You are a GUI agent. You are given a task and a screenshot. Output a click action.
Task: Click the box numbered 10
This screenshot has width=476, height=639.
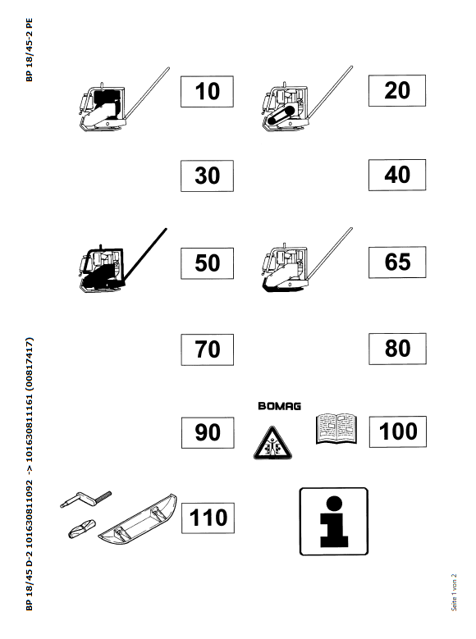point(207,91)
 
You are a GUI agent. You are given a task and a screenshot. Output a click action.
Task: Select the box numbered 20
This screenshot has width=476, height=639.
point(397,90)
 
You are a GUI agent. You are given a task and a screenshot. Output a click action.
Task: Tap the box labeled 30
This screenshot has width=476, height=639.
point(207,176)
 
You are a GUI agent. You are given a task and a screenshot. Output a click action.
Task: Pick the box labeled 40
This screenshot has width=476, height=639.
point(397,175)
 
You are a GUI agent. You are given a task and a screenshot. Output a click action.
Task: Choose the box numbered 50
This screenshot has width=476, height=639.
point(207,263)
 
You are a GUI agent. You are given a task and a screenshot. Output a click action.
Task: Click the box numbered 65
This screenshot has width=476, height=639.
point(397,262)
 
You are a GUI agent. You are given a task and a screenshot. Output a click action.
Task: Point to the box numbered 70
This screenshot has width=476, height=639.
point(208,349)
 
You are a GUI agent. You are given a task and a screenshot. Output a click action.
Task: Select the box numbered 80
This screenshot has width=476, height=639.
point(398,349)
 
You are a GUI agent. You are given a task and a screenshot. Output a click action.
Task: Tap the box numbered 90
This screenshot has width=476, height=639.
point(208,433)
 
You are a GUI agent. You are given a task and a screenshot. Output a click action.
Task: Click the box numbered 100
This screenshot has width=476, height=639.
point(398,431)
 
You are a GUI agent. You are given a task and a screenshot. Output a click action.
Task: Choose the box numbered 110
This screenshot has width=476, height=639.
point(208,518)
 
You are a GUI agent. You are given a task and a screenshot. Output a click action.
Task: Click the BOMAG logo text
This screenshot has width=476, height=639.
point(279,406)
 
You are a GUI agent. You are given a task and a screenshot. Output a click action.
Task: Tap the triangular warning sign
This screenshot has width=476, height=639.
point(272,444)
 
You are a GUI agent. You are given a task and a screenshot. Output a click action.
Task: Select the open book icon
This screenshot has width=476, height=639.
point(336,428)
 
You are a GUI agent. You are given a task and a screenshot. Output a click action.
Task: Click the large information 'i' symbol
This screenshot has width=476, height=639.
point(334,521)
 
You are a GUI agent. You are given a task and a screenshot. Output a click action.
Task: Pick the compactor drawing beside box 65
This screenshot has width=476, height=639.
point(307,260)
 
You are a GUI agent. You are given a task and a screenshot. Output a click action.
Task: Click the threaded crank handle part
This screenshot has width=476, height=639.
point(85,500)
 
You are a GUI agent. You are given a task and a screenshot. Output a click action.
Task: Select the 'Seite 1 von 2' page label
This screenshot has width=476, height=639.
point(454,592)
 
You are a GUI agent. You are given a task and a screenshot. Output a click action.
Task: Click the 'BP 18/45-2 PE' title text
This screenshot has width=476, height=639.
point(29,50)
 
